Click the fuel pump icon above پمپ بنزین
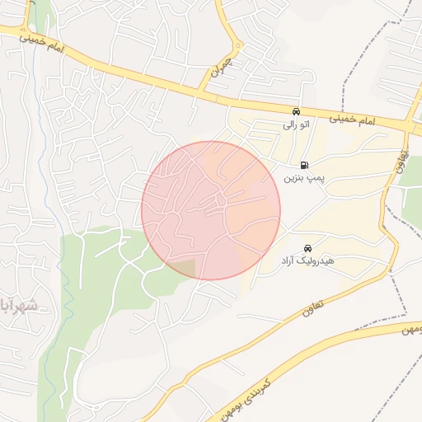tap(305, 165)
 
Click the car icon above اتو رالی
tap(296, 112)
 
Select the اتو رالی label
tap(295, 124)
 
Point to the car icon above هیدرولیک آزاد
tap(307, 248)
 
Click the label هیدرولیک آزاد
tap(306, 260)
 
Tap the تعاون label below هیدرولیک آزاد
tap(313, 308)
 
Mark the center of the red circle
tap(211, 210)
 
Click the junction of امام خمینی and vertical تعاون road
tap(408, 128)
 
